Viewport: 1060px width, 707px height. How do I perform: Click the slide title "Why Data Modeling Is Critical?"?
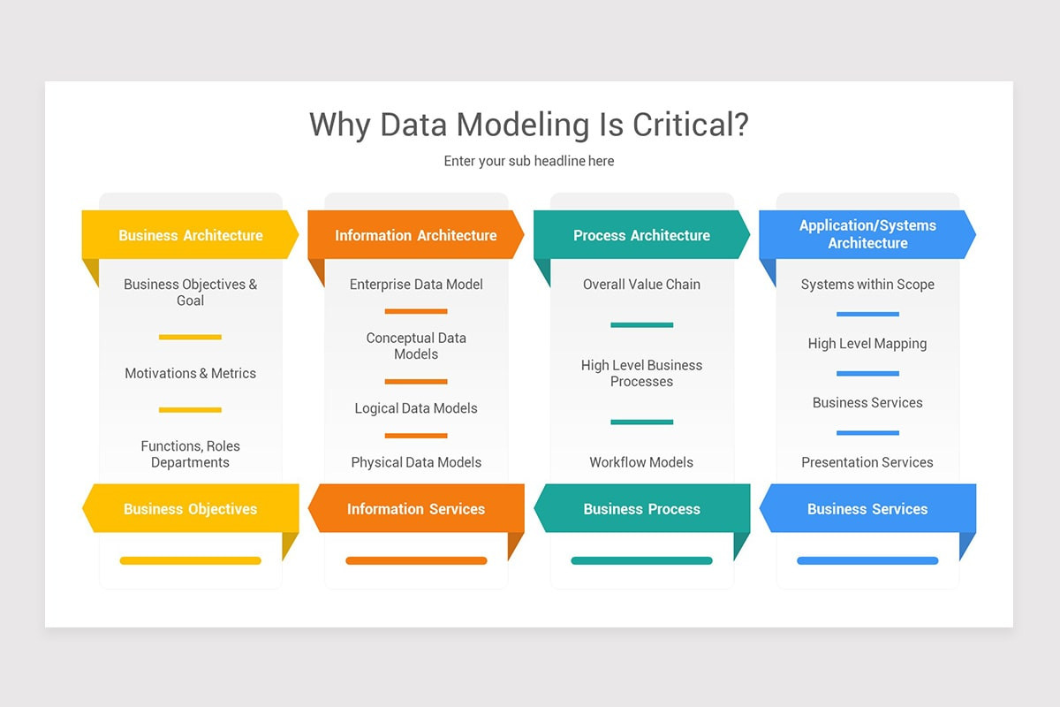(529, 125)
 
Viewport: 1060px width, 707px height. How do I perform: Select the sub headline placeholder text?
(529, 161)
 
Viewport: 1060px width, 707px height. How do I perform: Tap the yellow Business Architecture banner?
(190, 235)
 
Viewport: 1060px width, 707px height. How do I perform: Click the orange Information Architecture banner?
(415, 235)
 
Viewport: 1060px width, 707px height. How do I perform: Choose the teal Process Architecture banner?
(641, 235)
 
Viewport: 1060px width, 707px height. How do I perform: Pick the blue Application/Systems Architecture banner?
(867, 234)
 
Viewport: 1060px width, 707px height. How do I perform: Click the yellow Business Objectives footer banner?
(190, 509)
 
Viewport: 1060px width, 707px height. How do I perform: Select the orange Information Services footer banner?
(415, 509)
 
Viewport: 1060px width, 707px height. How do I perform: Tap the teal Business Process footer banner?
(641, 509)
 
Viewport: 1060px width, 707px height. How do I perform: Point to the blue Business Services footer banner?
(867, 509)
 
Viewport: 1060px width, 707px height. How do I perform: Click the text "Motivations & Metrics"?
(190, 373)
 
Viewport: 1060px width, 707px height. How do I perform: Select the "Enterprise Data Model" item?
(416, 285)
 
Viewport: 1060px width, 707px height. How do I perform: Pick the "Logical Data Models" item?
(416, 408)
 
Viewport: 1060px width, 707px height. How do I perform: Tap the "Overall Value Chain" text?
(641, 285)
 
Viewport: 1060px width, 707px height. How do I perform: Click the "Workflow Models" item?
(641, 462)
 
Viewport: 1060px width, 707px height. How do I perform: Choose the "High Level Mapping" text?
(867, 344)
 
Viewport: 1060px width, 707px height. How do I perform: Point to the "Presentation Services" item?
(867, 462)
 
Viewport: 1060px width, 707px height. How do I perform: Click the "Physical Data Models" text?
(416, 462)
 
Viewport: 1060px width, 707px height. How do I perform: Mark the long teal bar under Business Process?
(641, 560)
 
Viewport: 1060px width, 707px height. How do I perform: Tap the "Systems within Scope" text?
(867, 285)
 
